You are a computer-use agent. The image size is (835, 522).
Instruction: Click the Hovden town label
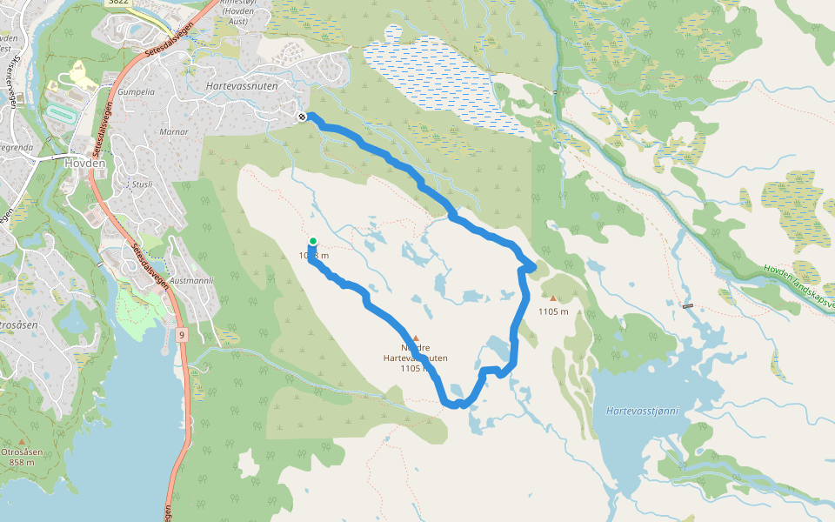pyautogui.click(x=85, y=161)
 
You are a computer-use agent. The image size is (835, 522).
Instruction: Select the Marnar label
pyautogui.click(x=174, y=131)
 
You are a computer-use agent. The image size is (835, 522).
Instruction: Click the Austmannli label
pyautogui.click(x=192, y=280)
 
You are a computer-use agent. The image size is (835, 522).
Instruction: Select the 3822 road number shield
pyautogui.click(x=119, y=3)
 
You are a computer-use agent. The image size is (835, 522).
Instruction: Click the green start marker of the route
pyautogui.click(x=312, y=241)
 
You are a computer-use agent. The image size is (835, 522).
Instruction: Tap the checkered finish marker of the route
pyautogui.click(x=302, y=117)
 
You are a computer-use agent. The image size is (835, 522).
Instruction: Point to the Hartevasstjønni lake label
pyautogui.click(x=642, y=410)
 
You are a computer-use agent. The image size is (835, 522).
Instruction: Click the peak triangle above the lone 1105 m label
pyautogui.click(x=552, y=298)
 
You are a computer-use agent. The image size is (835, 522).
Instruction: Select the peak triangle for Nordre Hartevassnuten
pyautogui.click(x=416, y=338)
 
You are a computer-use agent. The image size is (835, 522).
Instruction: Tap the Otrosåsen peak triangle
pyautogui.click(x=22, y=442)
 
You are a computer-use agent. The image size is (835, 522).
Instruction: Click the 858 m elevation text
pyautogui.click(x=22, y=462)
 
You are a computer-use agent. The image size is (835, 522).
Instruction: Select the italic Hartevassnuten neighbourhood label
pyautogui.click(x=241, y=87)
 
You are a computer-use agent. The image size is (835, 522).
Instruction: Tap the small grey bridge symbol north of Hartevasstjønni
pyautogui.click(x=688, y=305)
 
